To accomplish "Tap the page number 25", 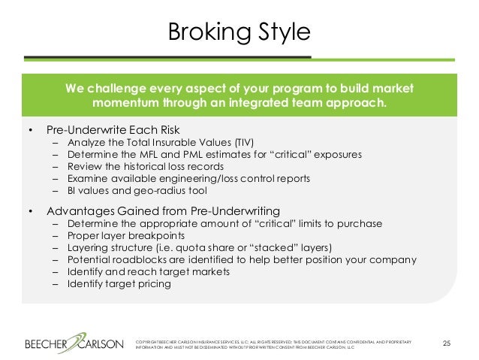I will pos(447,344).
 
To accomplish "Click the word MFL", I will pos(152,154).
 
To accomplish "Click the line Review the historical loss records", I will pos(145,166).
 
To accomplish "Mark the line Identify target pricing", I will pos(119,285).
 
